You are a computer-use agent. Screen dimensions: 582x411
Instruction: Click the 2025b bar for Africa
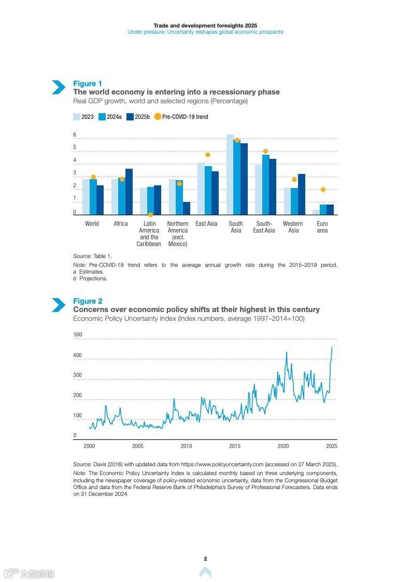pos(129,192)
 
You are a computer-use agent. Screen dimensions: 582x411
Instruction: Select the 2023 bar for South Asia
pos(230,174)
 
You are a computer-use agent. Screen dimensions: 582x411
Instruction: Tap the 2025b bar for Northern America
pos(187,208)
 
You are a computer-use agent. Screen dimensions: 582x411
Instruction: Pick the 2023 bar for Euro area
pos(316,212)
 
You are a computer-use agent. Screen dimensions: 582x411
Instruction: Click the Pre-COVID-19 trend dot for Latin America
pos(150,214)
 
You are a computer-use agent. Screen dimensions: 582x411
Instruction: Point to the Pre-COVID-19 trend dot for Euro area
pos(323,190)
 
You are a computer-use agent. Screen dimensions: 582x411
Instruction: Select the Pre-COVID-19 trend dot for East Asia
pos(208,155)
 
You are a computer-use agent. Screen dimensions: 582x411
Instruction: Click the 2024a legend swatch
pos(102,117)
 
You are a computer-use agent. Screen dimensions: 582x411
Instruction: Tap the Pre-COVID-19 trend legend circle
pos(158,116)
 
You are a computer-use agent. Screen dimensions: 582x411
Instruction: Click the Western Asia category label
pos(293,227)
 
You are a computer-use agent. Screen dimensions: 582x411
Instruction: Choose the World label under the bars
pos(92,224)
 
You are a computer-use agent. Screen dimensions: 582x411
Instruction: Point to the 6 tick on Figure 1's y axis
pos(75,135)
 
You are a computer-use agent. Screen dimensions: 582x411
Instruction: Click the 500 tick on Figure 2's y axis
pos(78,335)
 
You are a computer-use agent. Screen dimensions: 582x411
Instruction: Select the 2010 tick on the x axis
pos(186,446)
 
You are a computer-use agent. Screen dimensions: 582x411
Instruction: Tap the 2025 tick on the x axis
pos(332,446)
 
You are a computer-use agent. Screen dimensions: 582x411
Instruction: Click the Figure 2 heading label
pos(88,301)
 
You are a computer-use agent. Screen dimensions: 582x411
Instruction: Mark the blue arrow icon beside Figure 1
pos(58,87)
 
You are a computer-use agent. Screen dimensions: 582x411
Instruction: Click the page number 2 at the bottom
pos(205,559)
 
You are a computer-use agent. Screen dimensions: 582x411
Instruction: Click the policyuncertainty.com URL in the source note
pos(222,464)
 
